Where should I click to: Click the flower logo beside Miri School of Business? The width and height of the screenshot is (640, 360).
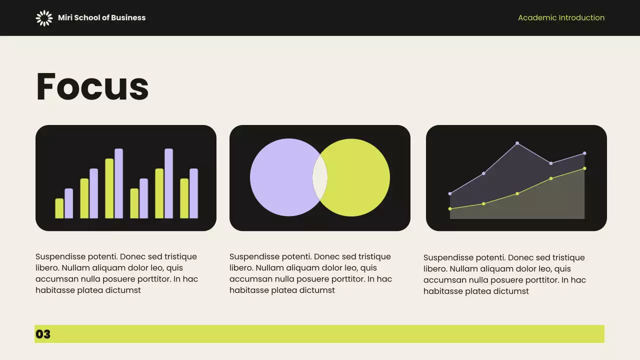(x=44, y=18)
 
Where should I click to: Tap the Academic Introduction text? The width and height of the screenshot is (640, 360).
(x=561, y=18)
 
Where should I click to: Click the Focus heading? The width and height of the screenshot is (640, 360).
(x=92, y=86)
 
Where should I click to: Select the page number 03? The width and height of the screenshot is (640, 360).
(x=43, y=334)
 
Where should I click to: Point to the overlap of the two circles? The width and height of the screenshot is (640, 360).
(x=320, y=177)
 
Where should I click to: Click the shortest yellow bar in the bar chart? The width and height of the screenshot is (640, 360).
(x=59, y=208)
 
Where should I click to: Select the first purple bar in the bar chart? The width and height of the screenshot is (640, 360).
(x=69, y=203)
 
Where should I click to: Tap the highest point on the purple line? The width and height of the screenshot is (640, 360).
(x=517, y=143)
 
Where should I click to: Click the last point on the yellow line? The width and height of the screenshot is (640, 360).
(x=584, y=168)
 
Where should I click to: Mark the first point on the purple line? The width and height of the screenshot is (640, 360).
(x=450, y=193)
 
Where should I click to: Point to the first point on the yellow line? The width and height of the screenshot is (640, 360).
(x=450, y=208)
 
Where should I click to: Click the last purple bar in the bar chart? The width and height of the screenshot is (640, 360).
(x=194, y=193)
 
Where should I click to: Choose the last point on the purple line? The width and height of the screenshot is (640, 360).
(x=584, y=153)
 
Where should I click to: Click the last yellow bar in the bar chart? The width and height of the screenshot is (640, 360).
(x=184, y=198)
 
